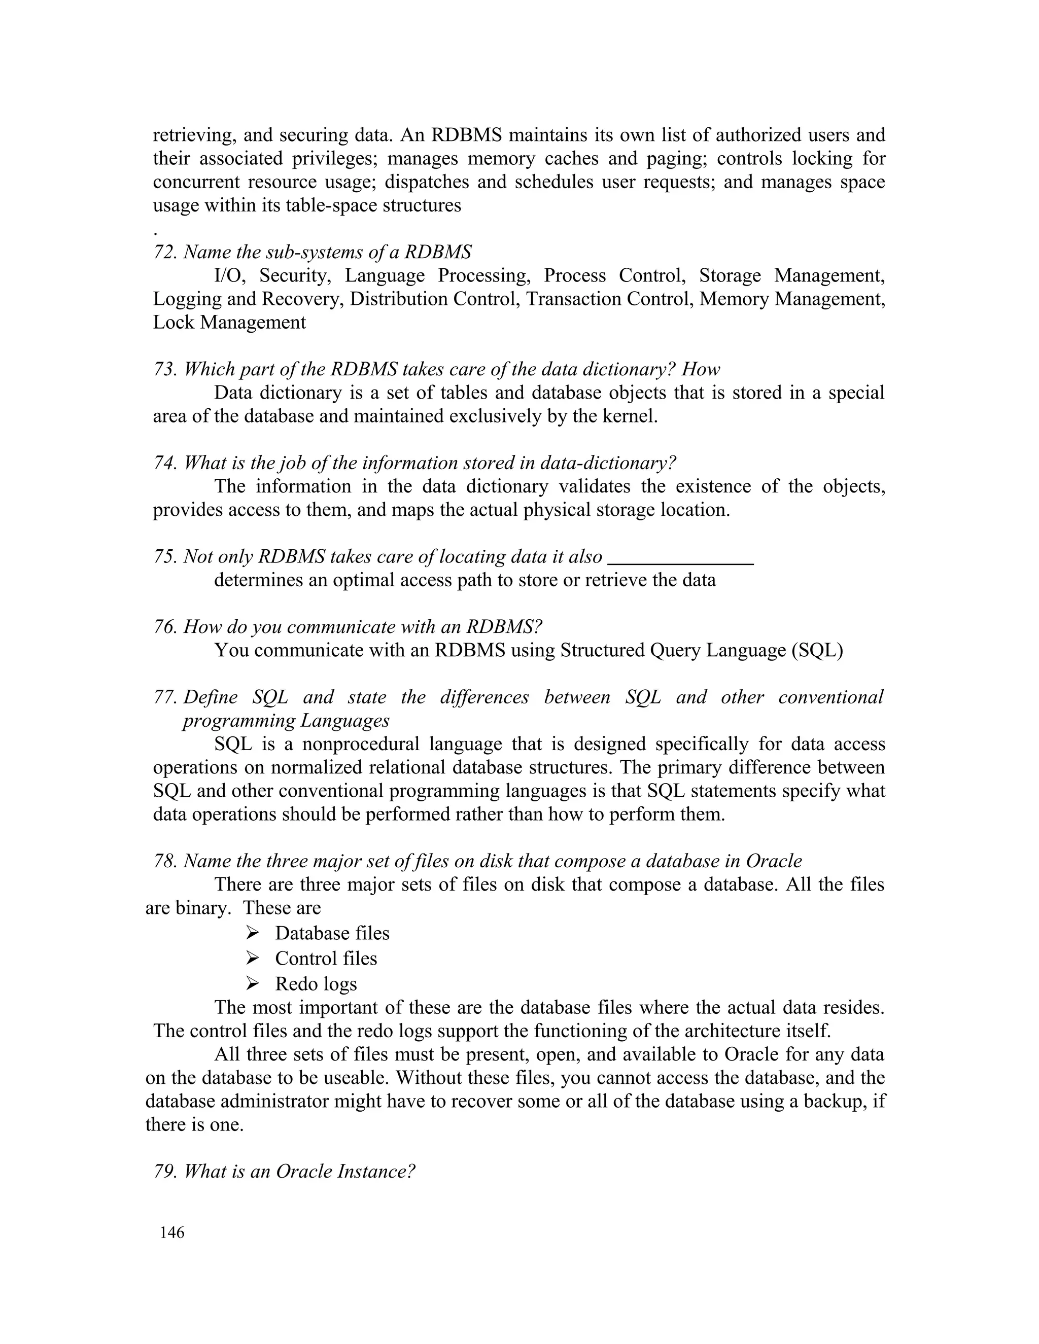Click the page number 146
[x=172, y=1246]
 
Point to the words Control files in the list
[x=326, y=959]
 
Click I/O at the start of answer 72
[x=229, y=276]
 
